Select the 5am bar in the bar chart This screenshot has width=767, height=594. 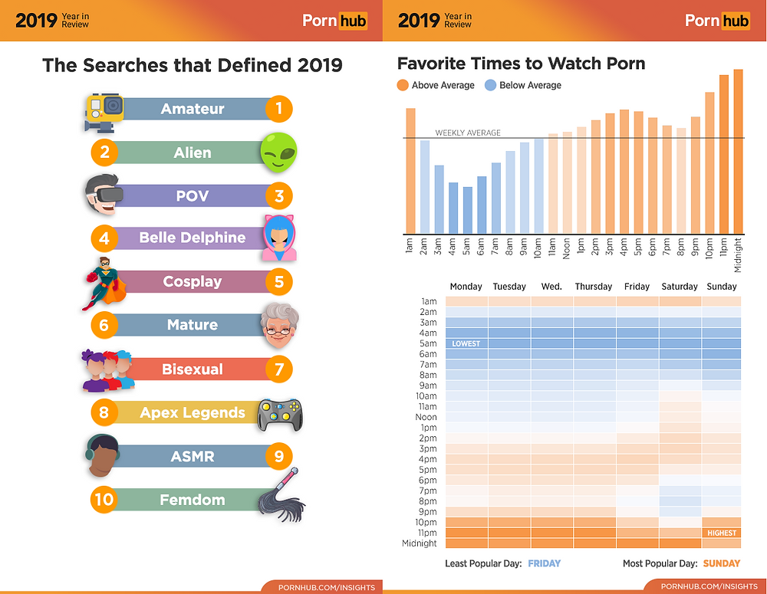(x=468, y=211)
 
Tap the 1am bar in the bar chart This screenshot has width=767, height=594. (x=410, y=171)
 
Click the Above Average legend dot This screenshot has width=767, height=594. (x=403, y=85)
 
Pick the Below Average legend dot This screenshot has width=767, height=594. (x=491, y=85)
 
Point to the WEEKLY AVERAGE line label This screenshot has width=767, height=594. (x=468, y=133)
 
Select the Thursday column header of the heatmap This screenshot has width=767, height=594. (x=594, y=287)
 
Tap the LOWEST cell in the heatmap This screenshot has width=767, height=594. (x=466, y=343)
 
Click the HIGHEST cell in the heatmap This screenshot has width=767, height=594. (x=722, y=533)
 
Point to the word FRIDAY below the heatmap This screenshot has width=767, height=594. (x=545, y=563)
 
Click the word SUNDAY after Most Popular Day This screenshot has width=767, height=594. (x=722, y=563)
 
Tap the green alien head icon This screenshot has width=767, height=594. (x=278, y=151)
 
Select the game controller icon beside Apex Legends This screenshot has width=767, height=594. (x=278, y=414)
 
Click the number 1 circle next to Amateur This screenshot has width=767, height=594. (x=279, y=109)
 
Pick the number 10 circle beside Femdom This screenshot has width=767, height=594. (x=104, y=500)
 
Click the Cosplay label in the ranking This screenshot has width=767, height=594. (x=192, y=281)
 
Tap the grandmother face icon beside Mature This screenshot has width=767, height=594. (x=278, y=326)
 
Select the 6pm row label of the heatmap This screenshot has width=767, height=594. (x=427, y=480)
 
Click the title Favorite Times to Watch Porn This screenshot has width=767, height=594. (x=521, y=63)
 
